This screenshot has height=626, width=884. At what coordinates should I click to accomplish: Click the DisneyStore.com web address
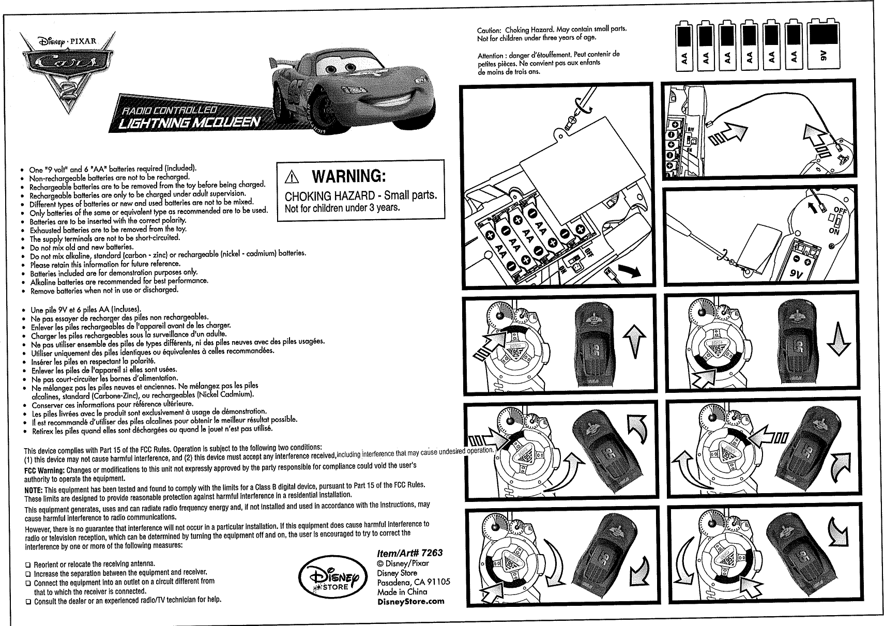pyautogui.click(x=411, y=601)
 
